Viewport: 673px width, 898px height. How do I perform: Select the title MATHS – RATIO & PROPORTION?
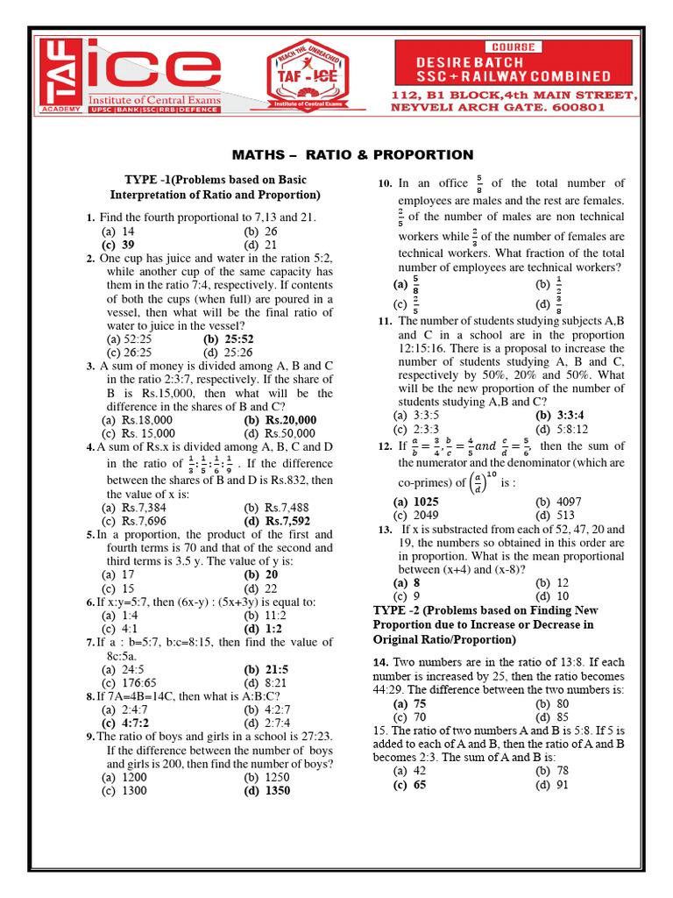click(x=357, y=155)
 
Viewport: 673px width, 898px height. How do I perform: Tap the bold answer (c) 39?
click(x=117, y=246)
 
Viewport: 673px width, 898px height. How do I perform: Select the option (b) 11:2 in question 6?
click(x=262, y=616)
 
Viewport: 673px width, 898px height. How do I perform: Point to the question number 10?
click(x=384, y=183)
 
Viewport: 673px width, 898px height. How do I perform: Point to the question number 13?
click(x=385, y=530)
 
